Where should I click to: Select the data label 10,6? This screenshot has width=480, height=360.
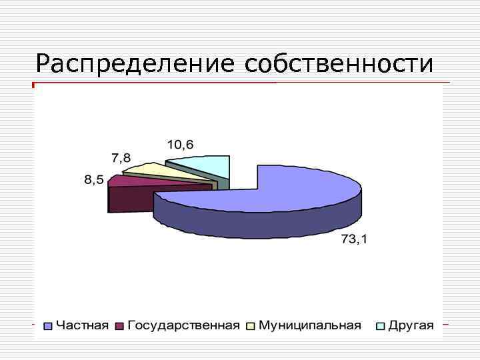pos(180,144)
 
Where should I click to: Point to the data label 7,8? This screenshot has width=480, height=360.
pos(121,158)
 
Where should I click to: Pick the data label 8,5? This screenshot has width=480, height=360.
pos(93,180)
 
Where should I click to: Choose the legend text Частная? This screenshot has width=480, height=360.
pos(81,325)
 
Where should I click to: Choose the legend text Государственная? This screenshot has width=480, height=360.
pos(183,325)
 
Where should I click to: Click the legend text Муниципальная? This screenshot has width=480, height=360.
pos(309,325)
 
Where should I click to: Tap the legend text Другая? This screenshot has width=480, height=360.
pos(411,325)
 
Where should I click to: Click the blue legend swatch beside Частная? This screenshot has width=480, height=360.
pos(48,326)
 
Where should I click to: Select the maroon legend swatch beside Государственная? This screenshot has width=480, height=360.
pos(120,326)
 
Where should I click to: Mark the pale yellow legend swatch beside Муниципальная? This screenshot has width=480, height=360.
pos(251,326)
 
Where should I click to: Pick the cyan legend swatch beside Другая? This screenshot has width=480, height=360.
pos(381,326)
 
